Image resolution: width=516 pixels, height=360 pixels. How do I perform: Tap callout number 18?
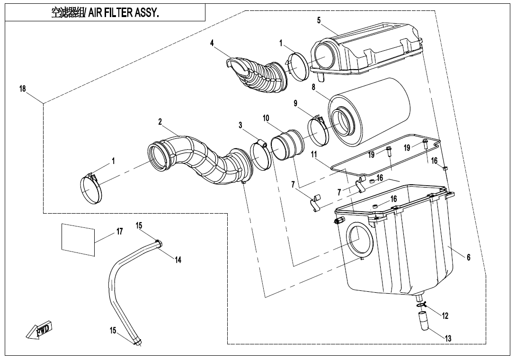coord(23,89)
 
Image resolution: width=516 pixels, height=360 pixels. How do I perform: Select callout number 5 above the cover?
coord(319,20)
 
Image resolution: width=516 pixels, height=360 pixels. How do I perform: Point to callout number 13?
coord(448,338)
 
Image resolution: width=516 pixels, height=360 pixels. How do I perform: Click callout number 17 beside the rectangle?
coord(119,232)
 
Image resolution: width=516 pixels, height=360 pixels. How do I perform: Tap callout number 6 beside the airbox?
coord(468,257)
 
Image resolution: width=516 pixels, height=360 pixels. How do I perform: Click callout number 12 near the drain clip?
coord(445,315)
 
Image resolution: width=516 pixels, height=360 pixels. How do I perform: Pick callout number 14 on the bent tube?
coord(178,260)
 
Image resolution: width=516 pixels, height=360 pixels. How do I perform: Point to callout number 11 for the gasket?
coord(313,155)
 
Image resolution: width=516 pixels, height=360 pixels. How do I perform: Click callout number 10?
coord(266,117)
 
